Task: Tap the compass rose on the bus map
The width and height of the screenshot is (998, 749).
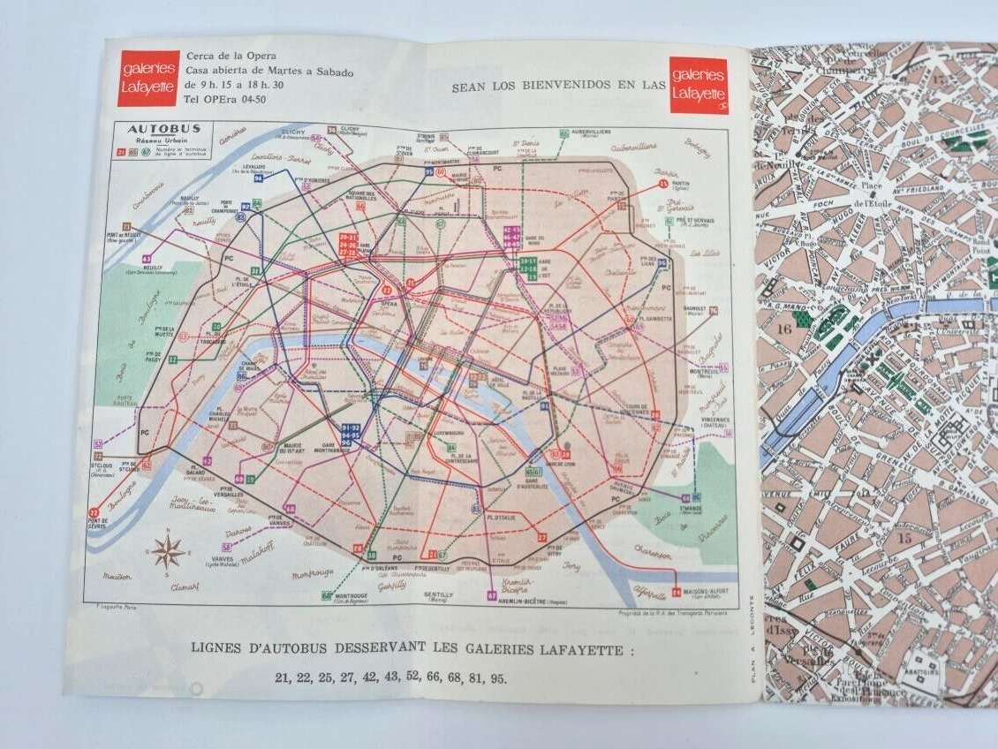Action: pyautogui.click(x=167, y=552)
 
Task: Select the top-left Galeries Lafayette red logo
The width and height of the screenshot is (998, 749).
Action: pyautogui.click(x=147, y=78)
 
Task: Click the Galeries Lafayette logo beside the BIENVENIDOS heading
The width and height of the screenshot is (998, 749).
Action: pyautogui.click(x=699, y=86)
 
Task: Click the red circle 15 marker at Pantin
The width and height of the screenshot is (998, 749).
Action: pyautogui.click(x=663, y=184)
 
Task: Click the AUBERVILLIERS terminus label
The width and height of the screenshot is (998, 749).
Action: pyautogui.click(x=592, y=133)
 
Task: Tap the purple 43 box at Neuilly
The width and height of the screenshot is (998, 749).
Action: pyautogui.click(x=147, y=259)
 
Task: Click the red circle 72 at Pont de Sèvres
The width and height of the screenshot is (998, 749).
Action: pyautogui.click(x=95, y=512)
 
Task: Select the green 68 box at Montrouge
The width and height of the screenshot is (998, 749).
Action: pyautogui.click(x=327, y=595)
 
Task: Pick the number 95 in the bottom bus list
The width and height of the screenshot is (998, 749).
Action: pyautogui.click(x=499, y=678)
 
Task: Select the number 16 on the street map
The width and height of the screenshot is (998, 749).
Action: pyautogui.click(x=784, y=329)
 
